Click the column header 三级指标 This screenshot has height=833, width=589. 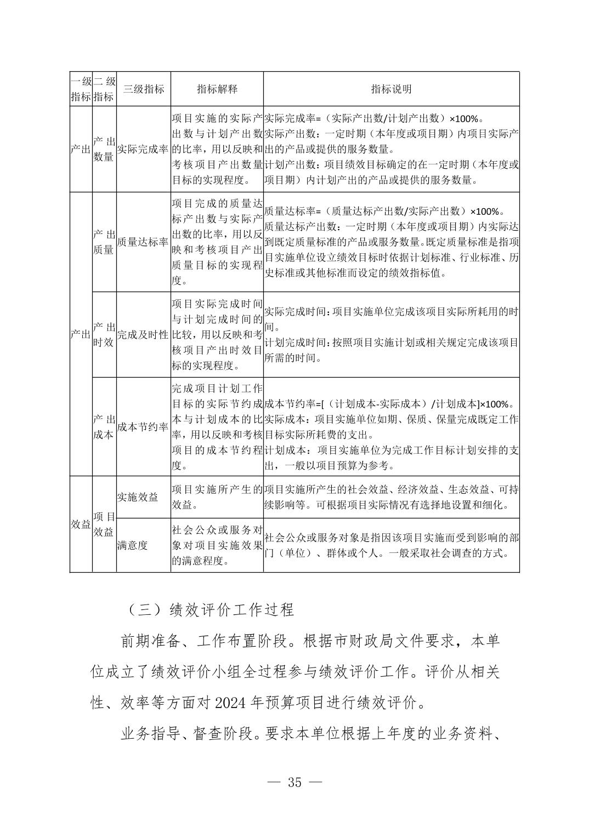coord(143,89)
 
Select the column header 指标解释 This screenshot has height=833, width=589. coord(217,89)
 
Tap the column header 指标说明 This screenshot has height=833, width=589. coord(391,89)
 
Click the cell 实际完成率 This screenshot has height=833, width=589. coord(143,149)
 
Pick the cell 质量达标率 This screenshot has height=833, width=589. coord(143,242)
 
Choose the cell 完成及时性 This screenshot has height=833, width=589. coord(143,334)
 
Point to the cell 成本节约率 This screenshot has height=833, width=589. coord(143,427)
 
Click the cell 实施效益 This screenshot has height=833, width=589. coord(138,497)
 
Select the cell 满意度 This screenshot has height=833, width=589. coord(132,545)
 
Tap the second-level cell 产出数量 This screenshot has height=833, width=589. coord(104,149)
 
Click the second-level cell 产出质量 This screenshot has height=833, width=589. coord(104,242)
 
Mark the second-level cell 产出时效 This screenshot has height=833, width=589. coord(104,334)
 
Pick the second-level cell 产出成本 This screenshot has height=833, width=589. coord(104,427)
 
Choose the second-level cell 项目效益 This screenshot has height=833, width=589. coord(104,524)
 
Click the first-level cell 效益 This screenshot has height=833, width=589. coord(81,524)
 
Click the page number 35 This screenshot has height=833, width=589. coord(294,782)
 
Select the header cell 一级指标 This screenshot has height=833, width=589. coord(81,89)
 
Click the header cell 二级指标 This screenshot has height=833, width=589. coord(104,89)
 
